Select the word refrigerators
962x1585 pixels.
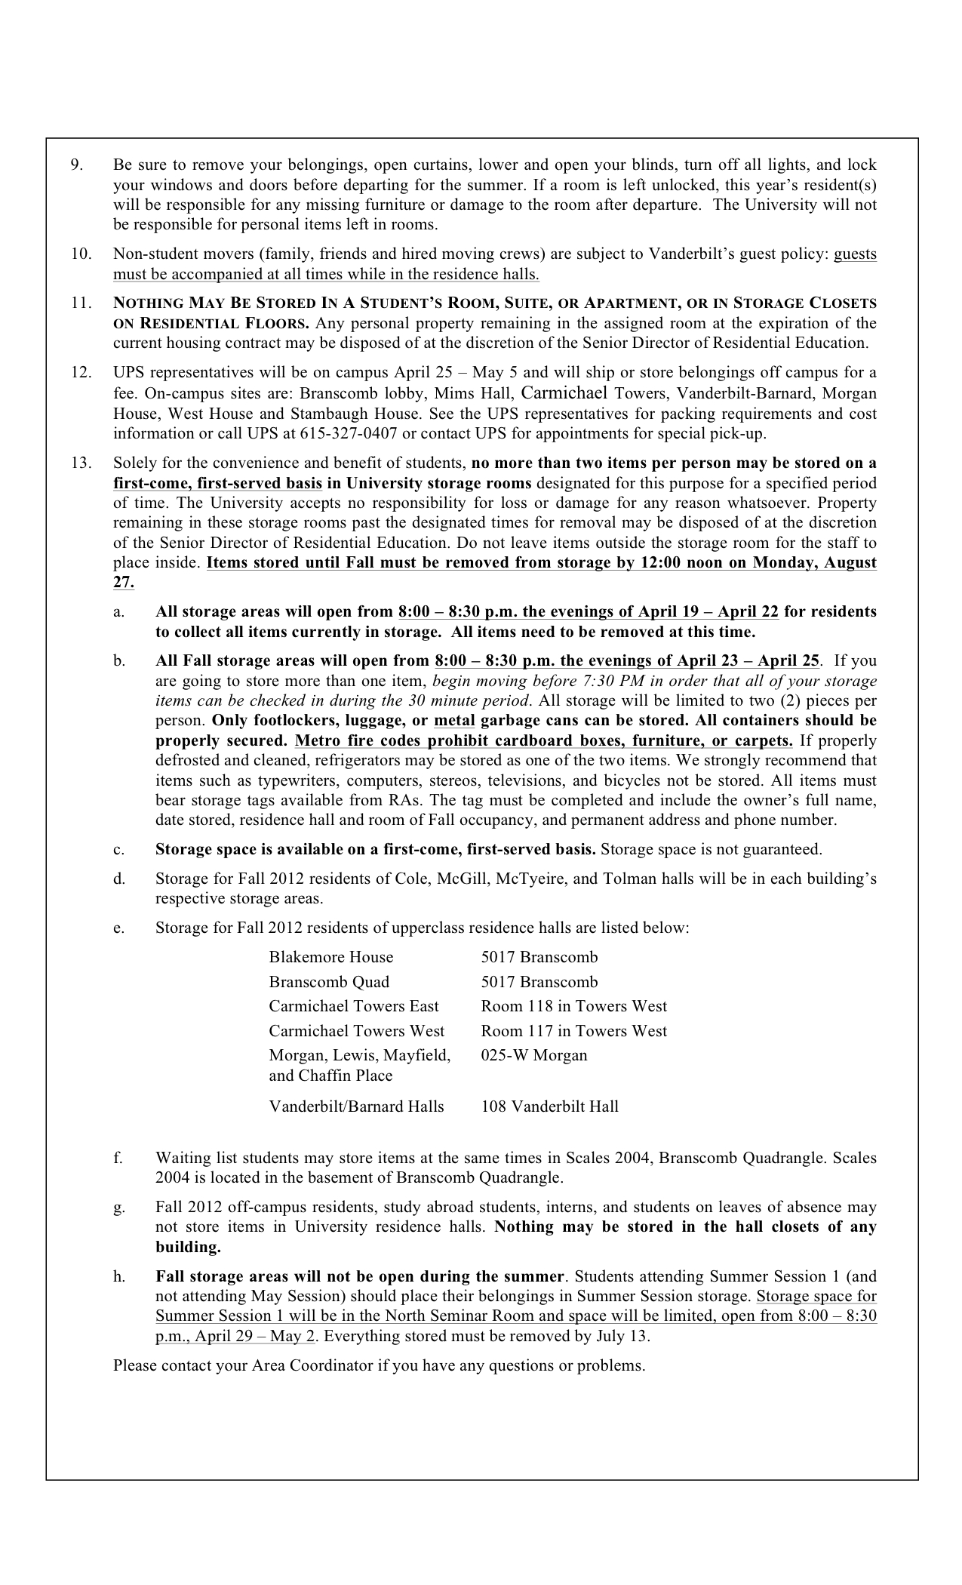pos(348,761)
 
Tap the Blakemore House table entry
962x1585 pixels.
pos(330,957)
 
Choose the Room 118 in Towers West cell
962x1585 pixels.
pos(573,1006)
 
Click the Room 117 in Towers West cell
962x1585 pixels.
pos(573,1031)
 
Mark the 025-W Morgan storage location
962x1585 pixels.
pos(533,1055)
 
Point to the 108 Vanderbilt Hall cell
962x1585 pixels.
pos(549,1106)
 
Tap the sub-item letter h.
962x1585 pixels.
pos(118,1277)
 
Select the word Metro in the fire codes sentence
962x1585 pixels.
pos(315,740)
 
